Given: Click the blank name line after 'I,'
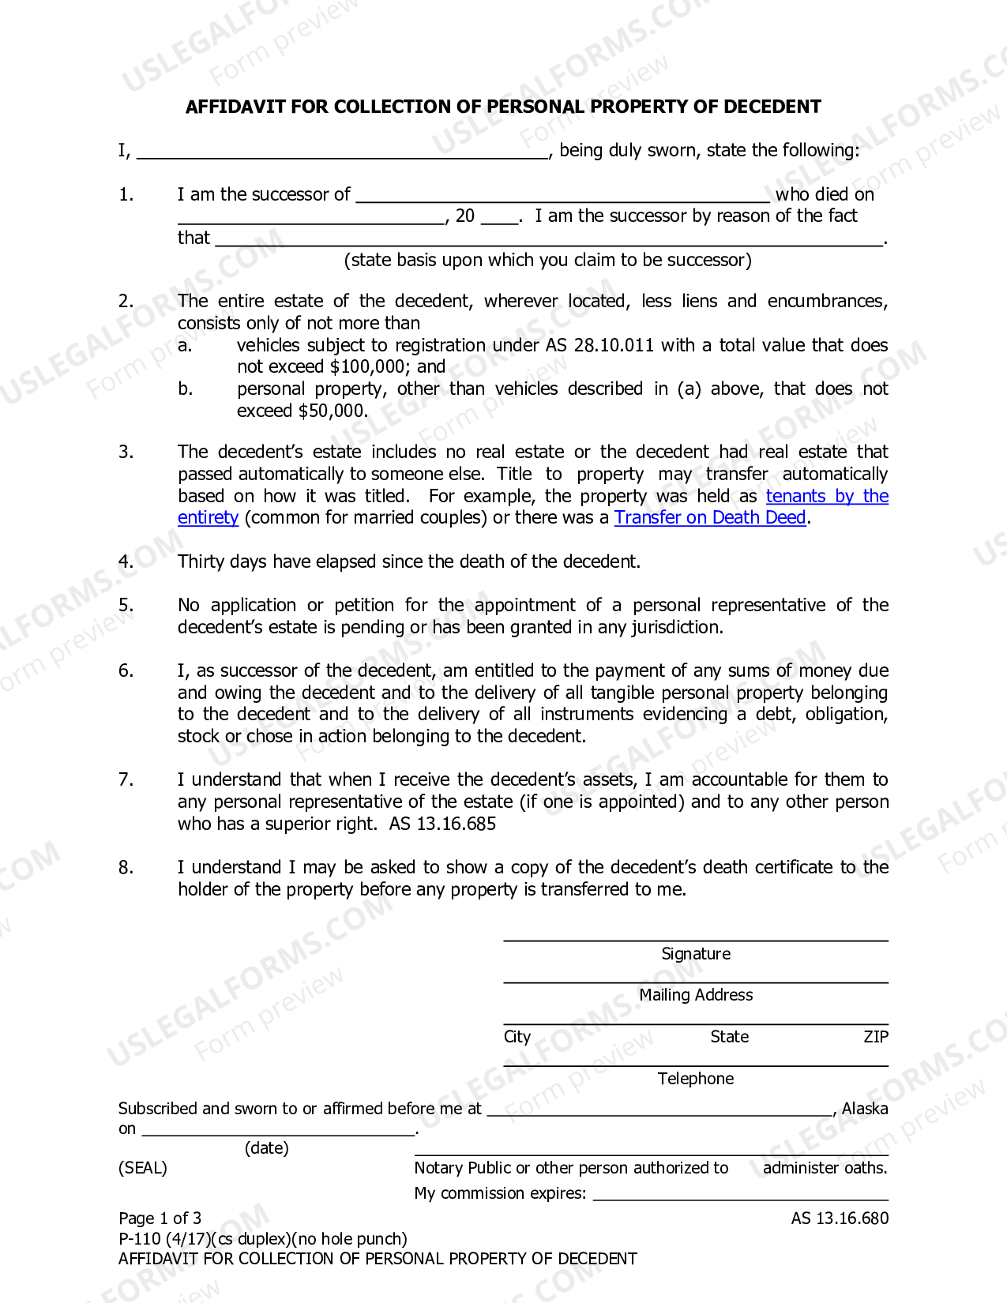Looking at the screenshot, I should (344, 152).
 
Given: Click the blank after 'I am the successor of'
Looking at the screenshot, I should (562, 196).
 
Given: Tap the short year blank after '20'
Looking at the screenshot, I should (499, 218).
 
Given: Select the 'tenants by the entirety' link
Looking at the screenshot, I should (827, 496).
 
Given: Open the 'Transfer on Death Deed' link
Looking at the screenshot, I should (710, 517).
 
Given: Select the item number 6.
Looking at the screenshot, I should (126, 670).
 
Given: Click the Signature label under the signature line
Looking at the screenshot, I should (696, 954).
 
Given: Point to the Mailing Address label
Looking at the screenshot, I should (696, 995).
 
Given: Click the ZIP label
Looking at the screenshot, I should (875, 1037).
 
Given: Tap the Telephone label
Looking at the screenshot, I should (696, 1079).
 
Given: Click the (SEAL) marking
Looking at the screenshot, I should (143, 1168).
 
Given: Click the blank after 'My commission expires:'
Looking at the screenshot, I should (740, 1195).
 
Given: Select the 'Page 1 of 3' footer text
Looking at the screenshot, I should (160, 1219).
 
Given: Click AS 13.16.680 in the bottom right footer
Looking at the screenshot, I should (840, 1219).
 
